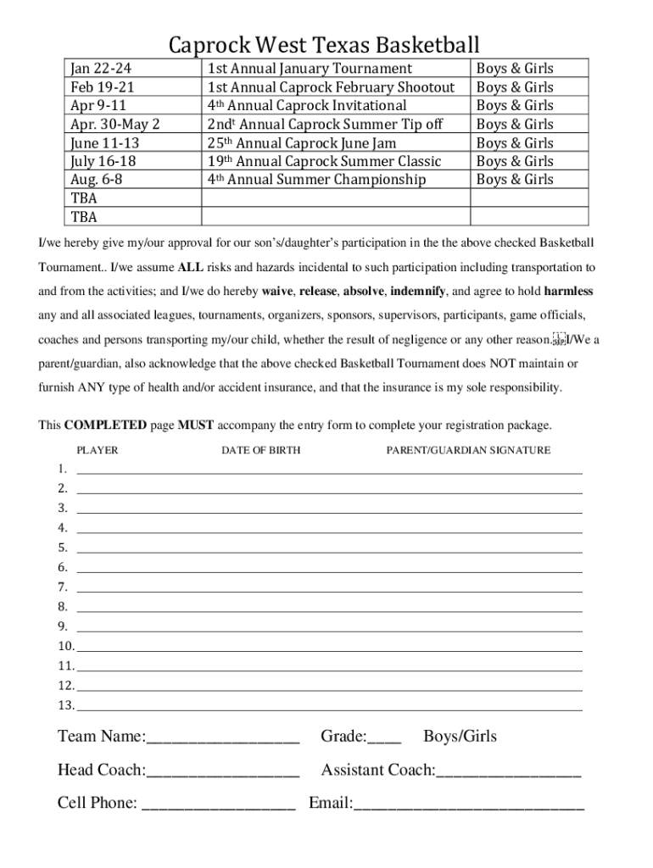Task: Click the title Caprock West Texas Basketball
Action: [x=324, y=44]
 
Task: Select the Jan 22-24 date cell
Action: [x=101, y=69]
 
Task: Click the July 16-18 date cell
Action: [x=103, y=161]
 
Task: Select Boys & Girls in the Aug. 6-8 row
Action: [x=515, y=180]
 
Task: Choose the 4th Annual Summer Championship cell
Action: [x=316, y=180]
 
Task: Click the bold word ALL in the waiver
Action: [x=190, y=267]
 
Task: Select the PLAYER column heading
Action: [x=98, y=450]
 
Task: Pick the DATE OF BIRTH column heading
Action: [x=260, y=450]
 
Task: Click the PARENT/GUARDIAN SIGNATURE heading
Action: [x=468, y=450]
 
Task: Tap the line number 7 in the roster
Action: [x=63, y=587]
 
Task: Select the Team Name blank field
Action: [x=222, y=737]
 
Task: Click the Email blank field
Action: [x=468, y=804]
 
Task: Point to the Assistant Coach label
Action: [x=377, y=771]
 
